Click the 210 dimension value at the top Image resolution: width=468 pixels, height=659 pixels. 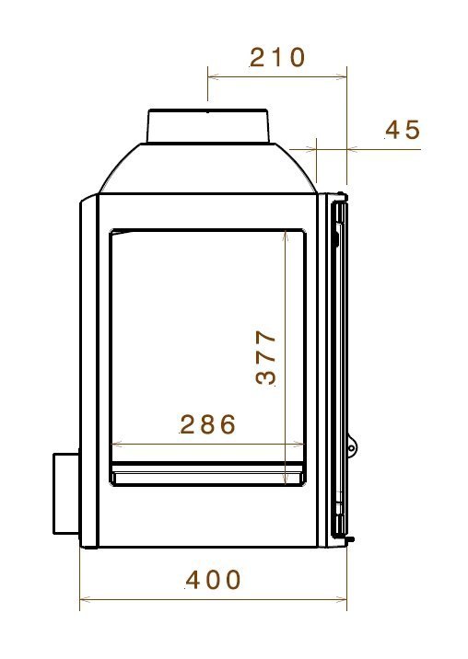(277, 57)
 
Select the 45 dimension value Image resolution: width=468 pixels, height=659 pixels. (403, 130)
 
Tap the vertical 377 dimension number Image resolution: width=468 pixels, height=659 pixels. (266, 357)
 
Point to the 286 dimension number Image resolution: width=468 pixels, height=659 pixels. (208, 424)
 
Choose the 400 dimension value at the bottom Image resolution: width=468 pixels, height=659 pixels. (214, 580)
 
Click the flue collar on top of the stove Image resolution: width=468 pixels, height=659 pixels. (209, 126)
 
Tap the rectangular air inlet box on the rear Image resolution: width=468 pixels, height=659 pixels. (64, 492)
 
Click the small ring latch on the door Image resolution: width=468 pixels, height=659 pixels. (352, 447)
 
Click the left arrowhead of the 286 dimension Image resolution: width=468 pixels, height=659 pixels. (113, 444)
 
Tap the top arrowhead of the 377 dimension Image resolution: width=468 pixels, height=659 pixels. (287, 234)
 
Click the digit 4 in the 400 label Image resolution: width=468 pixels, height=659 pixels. (194, 580)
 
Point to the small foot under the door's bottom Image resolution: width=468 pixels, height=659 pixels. (351, 538)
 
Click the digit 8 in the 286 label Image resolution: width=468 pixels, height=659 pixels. (208, 424)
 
